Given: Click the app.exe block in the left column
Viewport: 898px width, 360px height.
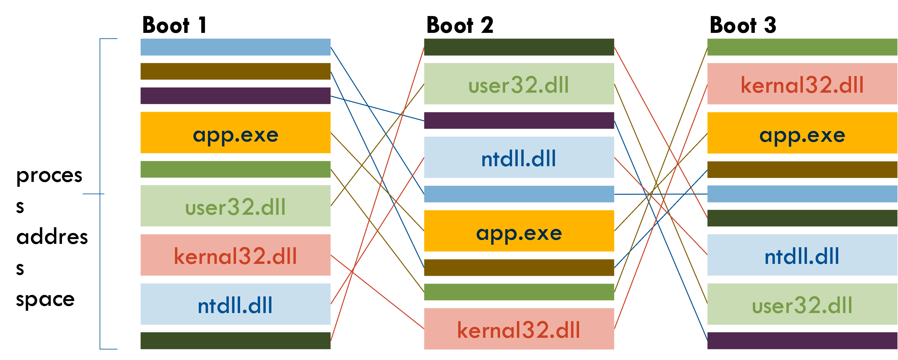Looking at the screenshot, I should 235,132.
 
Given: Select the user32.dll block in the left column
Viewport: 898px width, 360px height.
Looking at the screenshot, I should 235,206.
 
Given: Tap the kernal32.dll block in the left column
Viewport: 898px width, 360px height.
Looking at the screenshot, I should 235,255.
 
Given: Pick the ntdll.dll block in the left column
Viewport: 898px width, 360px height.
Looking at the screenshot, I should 235,304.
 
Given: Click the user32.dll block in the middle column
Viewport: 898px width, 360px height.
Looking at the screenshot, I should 519,84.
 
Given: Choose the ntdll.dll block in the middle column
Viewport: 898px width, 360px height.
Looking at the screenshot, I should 519,157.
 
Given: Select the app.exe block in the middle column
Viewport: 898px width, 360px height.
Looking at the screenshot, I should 519,231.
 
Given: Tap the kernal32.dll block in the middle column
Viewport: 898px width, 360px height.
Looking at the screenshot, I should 519,329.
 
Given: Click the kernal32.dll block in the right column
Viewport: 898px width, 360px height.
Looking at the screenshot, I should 802,84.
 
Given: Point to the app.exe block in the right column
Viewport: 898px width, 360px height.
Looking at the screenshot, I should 802,133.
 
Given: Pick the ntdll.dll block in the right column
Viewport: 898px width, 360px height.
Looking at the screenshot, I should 802,255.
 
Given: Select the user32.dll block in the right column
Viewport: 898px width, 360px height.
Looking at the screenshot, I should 802,304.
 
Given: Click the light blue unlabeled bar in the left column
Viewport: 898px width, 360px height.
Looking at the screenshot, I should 235,47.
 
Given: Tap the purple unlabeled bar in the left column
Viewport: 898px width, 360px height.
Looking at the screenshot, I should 235,96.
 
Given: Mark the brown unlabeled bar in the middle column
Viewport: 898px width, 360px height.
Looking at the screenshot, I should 519,268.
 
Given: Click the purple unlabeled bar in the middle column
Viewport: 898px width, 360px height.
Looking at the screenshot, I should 519,121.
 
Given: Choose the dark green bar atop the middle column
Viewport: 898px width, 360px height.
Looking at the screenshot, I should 519,47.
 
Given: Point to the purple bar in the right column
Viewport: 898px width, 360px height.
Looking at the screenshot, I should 802,341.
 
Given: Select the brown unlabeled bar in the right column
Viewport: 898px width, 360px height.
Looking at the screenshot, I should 802,169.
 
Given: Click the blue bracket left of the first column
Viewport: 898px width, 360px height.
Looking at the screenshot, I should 100,194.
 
